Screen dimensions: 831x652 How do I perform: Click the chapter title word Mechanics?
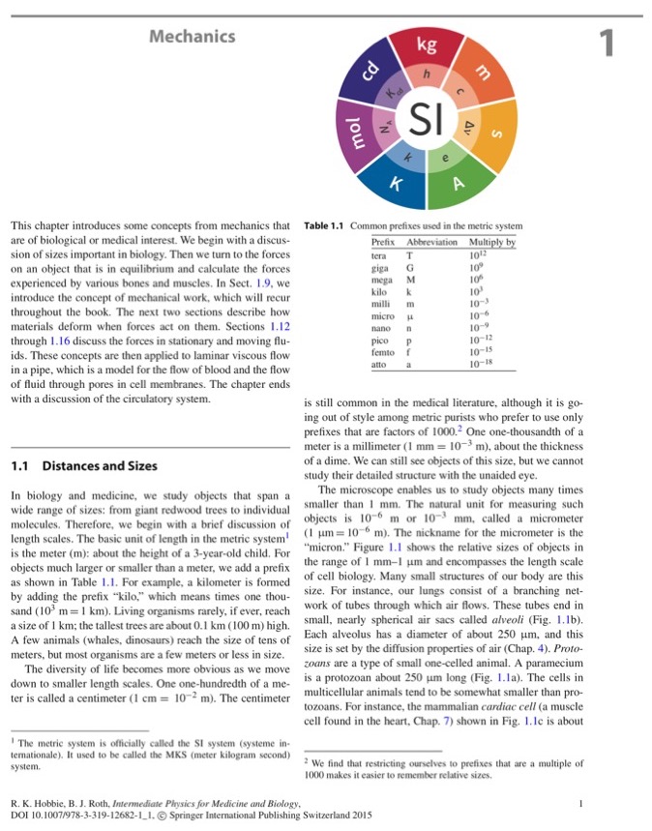pyautogui.click(x=193, y=37)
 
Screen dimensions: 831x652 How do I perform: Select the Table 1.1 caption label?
pyautogui.click(x=324, y=226)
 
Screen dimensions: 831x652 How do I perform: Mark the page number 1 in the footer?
pyautogui.click(x=579, y=802)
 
